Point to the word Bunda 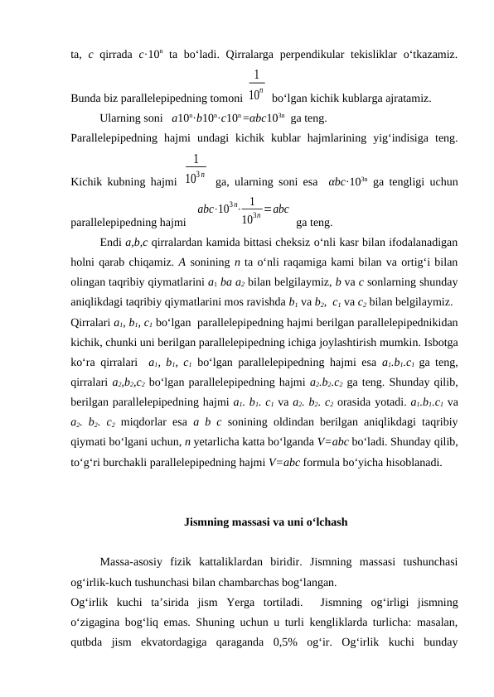(86, 98)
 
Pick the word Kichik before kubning (87, 180)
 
